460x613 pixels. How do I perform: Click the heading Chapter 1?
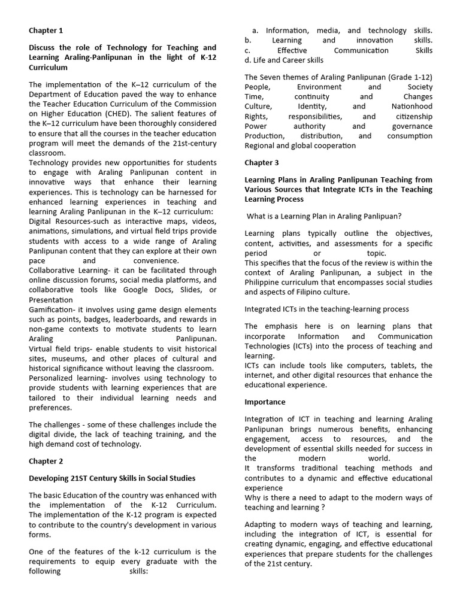(46, 30)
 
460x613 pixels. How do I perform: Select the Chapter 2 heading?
(46, 461)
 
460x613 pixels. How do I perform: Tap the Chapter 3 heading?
(262, 162)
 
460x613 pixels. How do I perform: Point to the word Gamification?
(54, 309)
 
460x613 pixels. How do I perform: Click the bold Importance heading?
(265, 402)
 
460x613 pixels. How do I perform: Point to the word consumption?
(410, 136)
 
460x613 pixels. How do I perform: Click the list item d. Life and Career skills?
(284, 60)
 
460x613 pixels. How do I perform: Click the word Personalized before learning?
(53, 378)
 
